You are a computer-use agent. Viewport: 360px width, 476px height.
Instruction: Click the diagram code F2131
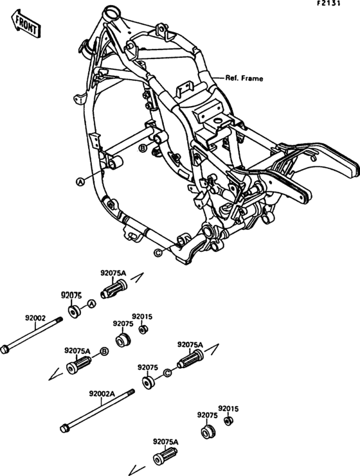pos(340,4)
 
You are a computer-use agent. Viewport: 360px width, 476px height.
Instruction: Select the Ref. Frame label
pos(244,78)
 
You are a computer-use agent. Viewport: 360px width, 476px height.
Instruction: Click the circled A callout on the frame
pos(80,182)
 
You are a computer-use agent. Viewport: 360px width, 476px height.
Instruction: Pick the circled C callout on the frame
pos(157,252)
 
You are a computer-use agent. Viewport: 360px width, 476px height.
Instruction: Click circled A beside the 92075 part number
pos(91,303)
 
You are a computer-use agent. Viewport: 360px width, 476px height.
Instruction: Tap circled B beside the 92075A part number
pos(104,351)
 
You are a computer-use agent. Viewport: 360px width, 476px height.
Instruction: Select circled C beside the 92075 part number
pos(167,373)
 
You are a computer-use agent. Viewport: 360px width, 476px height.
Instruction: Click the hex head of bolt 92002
pos(6,349)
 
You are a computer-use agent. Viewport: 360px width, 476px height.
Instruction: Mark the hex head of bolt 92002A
pos(65,428)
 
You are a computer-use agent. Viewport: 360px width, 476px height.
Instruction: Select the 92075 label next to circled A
pos(73,295)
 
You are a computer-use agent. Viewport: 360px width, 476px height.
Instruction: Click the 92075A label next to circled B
pos(77,351)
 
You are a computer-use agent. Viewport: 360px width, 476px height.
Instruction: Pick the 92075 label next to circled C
pos(148,367)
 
